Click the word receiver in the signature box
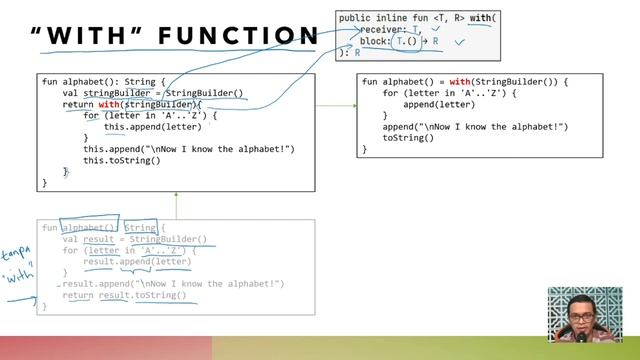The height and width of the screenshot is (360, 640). [376, 30]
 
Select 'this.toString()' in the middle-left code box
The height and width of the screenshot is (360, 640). [121, 160]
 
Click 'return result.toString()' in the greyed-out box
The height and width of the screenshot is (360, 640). [124, 296]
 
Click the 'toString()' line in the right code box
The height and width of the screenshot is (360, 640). [408, 138]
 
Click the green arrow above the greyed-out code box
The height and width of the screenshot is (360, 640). [176, 204]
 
